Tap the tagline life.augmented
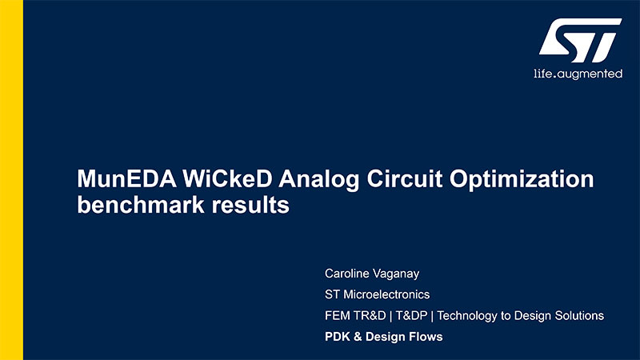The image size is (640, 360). (x=578, y=74)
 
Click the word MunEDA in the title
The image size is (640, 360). (x=127, y=178)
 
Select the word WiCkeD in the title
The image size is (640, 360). (x=227, y=178)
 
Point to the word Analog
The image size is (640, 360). (x=318, y=180)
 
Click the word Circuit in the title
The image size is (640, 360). (x=405, y=178)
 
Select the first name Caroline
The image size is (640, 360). (x=347, y=274)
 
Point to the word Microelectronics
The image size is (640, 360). (x=387, y=294)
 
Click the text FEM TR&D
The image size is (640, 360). (x=355, y=315)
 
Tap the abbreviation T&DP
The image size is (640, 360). (x=411, y=315)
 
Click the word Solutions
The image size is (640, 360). (x=579, y=315)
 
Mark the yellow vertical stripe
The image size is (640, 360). (x=11, y=180)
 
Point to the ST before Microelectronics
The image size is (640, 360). (x=333, y=294)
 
